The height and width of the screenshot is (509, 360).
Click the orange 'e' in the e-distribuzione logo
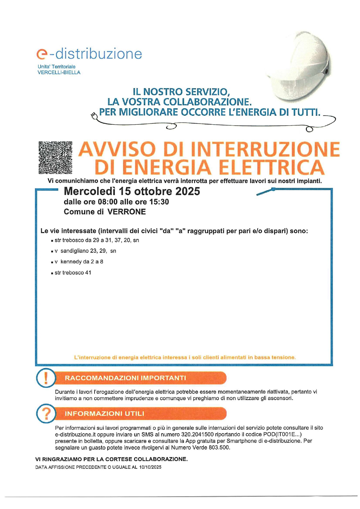pos(41,54)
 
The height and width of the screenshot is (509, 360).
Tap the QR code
pos(55,158)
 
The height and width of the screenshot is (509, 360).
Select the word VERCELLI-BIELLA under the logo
pos(59,73)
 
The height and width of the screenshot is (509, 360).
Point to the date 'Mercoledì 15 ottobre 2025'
pos(132,191)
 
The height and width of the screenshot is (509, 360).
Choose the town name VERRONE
pos(126,212)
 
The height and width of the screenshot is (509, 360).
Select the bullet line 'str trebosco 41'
pos(73,273)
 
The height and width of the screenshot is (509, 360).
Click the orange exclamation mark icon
pos(46,378)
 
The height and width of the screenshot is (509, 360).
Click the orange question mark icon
pos(46,413)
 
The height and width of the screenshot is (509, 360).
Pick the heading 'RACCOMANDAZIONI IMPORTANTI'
pos(125,378)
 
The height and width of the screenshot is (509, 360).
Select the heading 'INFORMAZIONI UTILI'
pos(104,414)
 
